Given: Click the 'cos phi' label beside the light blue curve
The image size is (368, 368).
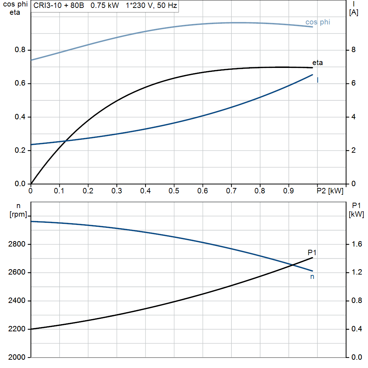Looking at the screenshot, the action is (318, 22).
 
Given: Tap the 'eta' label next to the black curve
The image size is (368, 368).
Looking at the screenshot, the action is (317, 63).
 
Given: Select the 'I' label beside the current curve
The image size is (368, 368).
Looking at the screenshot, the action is (318, 80).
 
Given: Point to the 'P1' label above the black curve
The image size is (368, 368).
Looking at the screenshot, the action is (312, 253).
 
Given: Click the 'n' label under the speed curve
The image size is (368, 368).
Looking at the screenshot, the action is (312, 277).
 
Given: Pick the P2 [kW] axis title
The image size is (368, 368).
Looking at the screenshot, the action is (330, 191).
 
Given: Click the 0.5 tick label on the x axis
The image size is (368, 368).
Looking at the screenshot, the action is (174, 191).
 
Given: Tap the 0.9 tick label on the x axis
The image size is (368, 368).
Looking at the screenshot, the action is (289, 191).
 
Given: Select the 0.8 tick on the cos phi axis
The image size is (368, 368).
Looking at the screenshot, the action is (20, 50).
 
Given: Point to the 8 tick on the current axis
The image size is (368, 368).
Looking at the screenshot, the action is (354, 50).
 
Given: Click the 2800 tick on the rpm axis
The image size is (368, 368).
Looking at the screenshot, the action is (17, 244).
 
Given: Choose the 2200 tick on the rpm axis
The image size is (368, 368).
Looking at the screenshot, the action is (17, 329).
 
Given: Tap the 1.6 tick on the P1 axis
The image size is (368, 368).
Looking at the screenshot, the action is (357, 244).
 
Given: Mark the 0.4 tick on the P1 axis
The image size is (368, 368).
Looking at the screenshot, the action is (357, 329).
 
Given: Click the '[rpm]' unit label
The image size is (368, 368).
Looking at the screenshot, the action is (18, 214).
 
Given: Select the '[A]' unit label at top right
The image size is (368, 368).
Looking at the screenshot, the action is (354, 13).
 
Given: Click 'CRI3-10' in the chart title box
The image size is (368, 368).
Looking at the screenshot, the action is (47, 5).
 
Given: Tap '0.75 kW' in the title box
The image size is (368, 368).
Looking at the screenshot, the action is (105, 5).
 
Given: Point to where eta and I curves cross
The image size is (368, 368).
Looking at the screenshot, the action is (66, 141).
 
